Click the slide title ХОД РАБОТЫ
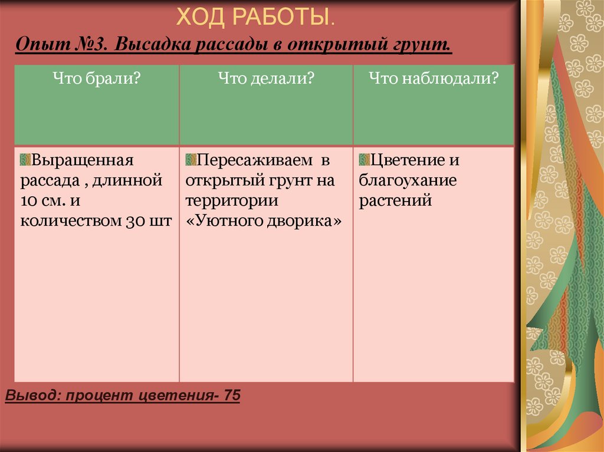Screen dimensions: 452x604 (x=255, y=17)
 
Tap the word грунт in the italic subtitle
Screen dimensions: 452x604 (x=422, y=44)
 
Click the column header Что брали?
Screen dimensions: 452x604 (x=96, y=78)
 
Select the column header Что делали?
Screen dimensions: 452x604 (x=266, y=78)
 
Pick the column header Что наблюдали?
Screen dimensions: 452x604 (x=434, y=78)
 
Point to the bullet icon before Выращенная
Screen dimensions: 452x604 (x=25, y=160)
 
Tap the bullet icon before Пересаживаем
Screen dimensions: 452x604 (x=191, y=160)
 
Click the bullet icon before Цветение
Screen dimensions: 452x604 (x=364, y=160)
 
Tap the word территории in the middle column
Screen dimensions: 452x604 (x=231, y=201)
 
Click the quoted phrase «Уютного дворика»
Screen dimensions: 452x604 (x=264, y=221)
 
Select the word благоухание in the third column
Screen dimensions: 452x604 (x=408, y=181)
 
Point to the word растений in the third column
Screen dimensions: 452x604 (x=396, y=201)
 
